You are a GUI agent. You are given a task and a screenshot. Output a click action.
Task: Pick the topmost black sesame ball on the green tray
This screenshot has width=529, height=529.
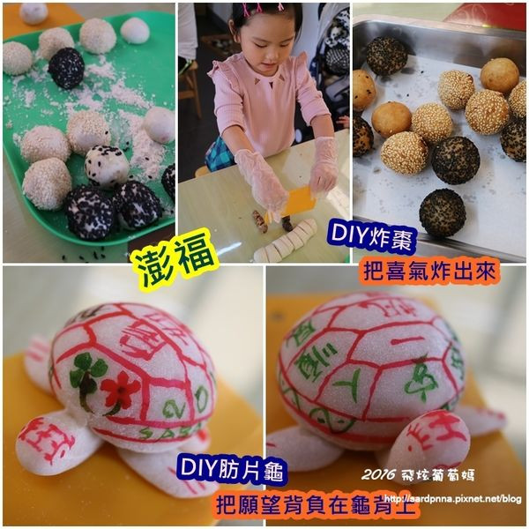(66, 67)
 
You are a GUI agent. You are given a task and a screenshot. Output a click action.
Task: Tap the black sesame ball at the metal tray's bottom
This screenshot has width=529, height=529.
(442, 212)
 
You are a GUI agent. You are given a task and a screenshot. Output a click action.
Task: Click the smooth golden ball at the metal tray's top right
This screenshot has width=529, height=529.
(500, 75)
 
